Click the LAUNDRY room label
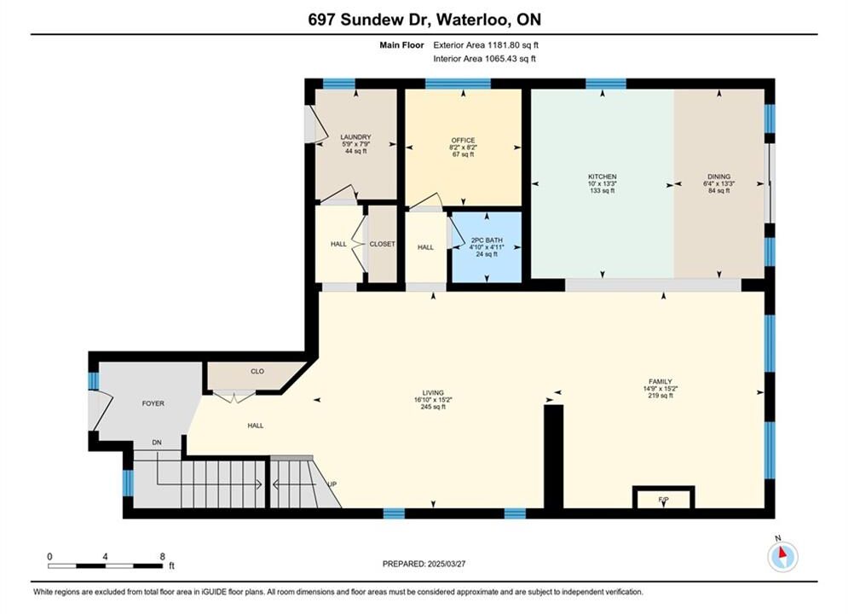click(355, 136)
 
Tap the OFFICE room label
click(463, 140)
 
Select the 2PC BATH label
click(487, 240)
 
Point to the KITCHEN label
click(603, 177)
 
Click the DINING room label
click(718, 177)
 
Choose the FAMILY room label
click(661, 381)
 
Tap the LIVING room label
click(433, 393)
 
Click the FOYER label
click(153, 403)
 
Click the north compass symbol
click(782, 555)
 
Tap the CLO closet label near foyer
click(257, 371)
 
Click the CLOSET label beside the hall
click(383, 244)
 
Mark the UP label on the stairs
click(332, 484)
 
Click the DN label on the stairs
click(157, 443)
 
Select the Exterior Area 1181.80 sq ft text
click(486, 45)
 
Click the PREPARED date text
click(424, 564)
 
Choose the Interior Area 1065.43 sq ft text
click(485, 59)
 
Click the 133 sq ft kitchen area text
click(602, 190)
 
